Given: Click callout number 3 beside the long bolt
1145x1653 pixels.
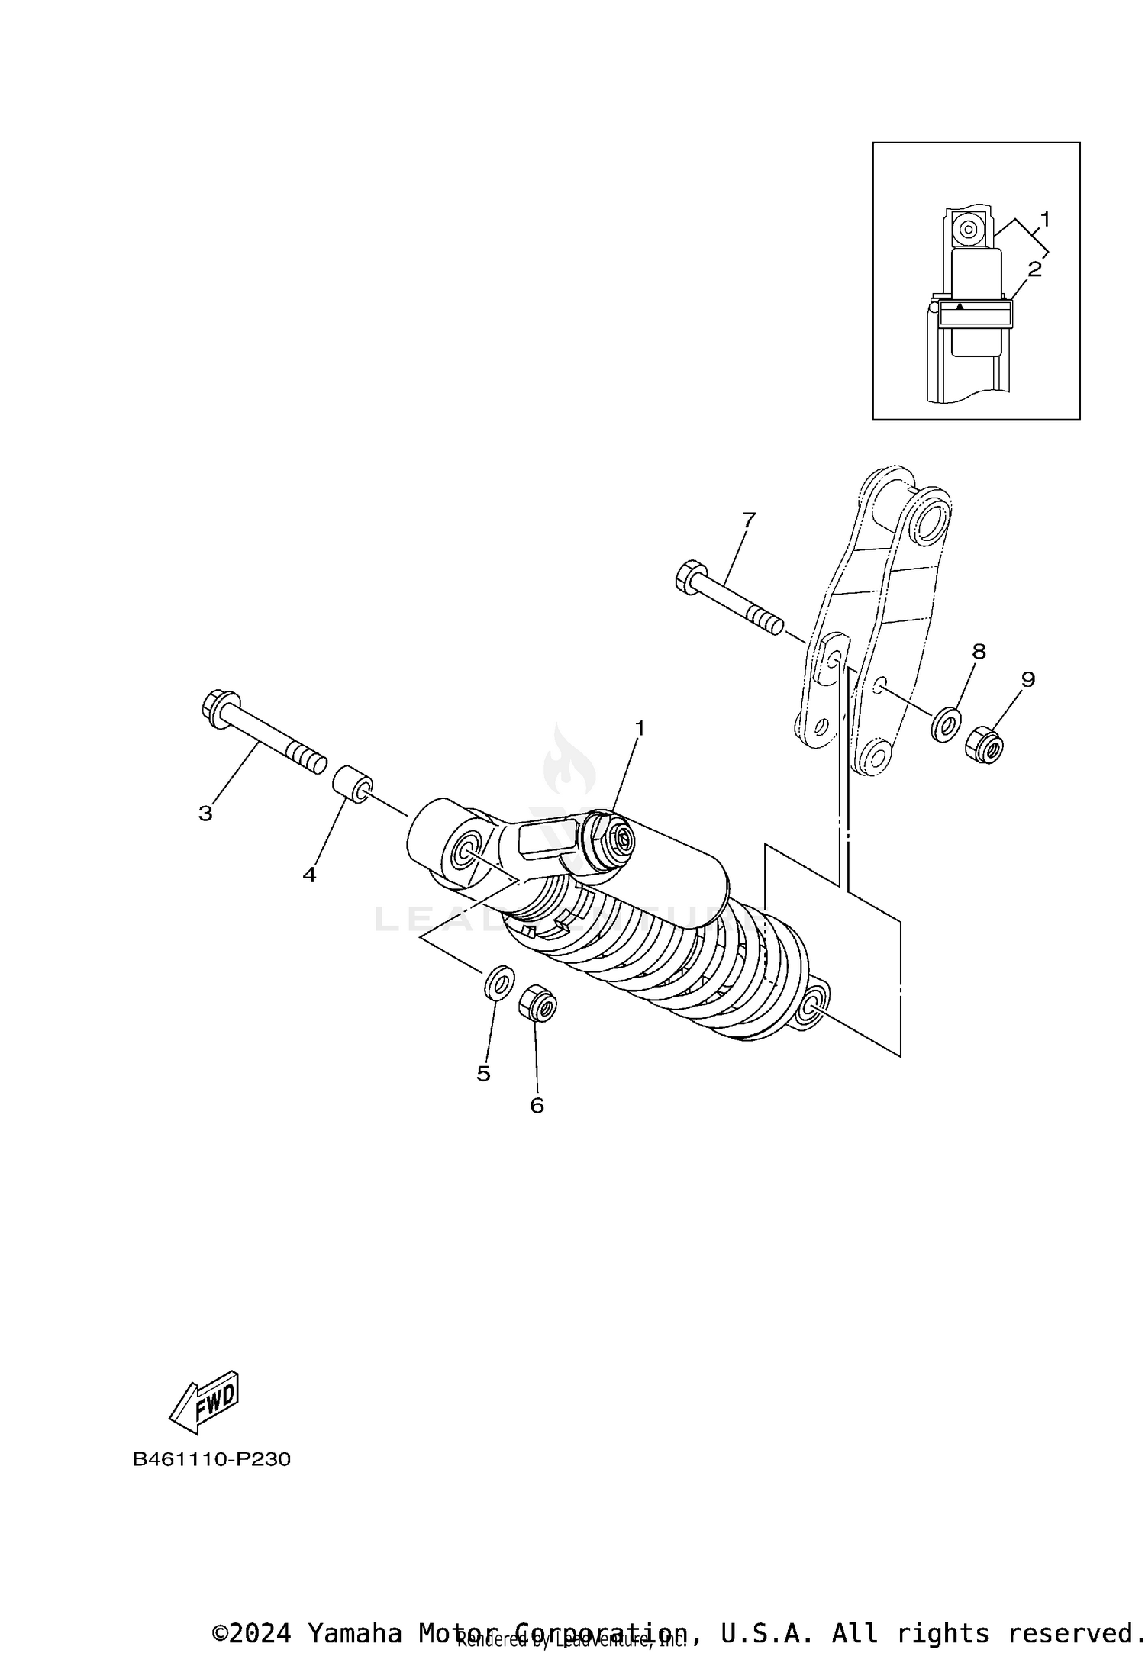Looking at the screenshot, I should tap(205, 814).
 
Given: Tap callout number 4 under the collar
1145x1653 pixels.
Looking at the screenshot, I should tap(308, 875).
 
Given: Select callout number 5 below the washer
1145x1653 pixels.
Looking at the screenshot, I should tap(483, 1074).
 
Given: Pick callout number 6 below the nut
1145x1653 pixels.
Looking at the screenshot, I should tap(537, 1105).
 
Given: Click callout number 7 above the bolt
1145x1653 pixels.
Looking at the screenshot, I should tap(748, 520).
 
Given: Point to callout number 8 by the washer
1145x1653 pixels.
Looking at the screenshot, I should tap(979, 651).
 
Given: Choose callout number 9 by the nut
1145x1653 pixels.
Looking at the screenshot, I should tap(1027, 679).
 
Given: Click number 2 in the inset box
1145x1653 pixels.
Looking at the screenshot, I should tap(1034, 269).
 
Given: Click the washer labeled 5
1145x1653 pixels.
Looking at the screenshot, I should tap(498, 983).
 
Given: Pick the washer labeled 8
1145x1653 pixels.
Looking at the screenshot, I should tap(946, 723).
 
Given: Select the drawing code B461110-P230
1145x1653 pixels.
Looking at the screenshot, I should tap(211, 1459).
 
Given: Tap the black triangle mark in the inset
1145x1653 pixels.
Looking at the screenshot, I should tap(961, 305).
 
